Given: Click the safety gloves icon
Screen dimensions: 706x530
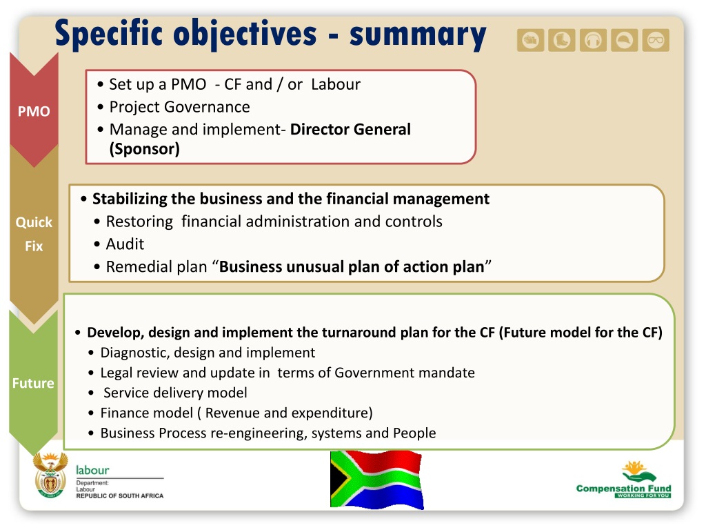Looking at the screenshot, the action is (x=530, y=41).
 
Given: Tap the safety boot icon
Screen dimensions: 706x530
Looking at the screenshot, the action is (x=561, y=41).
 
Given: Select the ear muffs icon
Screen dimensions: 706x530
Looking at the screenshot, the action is (x=593, y=41).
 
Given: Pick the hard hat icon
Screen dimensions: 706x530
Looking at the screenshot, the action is (x=624, y=41).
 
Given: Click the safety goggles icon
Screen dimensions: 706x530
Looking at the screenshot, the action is (x=656, y=41).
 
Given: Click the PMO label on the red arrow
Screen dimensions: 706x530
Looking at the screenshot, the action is (x=34, y=111).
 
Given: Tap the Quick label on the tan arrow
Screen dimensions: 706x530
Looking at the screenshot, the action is (x=34, y=222).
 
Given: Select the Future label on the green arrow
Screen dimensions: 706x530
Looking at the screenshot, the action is (x=33, y=383).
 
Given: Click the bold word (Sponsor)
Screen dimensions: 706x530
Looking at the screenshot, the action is (x=145, y=149).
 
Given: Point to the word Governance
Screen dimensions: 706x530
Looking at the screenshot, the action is (x=207, y=107).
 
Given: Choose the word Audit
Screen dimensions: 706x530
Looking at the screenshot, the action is (x=125, y=244).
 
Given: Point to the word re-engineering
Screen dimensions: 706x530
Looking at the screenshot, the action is (x=259, y=433).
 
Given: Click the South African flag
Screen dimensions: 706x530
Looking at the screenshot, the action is (x=377, y=480).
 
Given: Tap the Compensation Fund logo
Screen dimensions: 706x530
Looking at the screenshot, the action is (x=623, y=480).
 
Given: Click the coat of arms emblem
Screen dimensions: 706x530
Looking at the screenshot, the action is (x=50, y=475).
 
